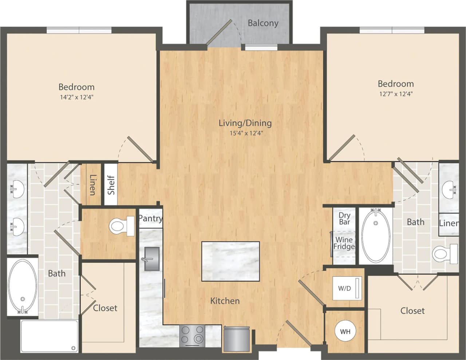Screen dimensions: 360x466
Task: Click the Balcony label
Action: coord(263,23)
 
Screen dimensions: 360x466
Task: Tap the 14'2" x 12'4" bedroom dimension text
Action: coord(76,97)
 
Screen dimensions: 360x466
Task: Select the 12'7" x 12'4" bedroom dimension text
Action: coord(395,94)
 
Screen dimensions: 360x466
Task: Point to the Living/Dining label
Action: coord(245,123)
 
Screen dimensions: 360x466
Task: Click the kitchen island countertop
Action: coord(230,261)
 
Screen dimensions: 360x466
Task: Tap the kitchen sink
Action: coord(152,259)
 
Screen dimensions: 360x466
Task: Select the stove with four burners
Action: coord(192,336)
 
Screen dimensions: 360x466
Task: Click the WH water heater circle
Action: coord(345,332)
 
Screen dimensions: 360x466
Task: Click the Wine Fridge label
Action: coord(344,243)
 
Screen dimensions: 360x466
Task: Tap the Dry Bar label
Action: coord(344,219)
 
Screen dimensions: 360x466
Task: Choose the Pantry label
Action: coord(150,218)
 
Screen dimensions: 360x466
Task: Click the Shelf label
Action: coord(111,185)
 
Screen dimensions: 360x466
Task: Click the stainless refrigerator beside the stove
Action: coord(237,339)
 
